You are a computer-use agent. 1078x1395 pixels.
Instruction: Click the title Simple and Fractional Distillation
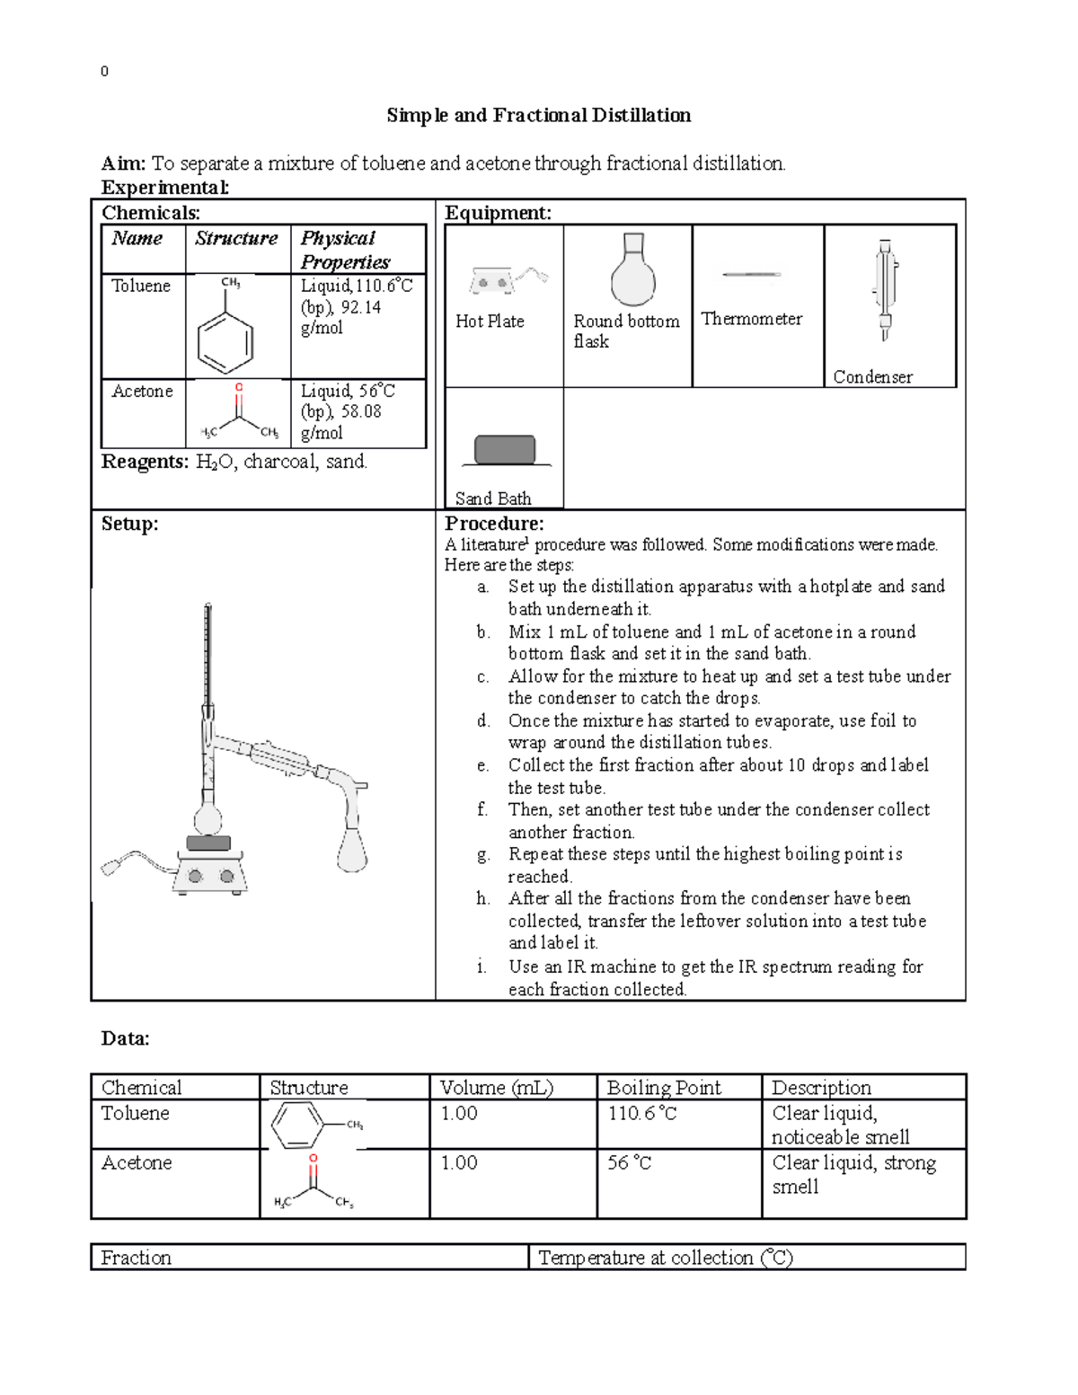coord(539,116)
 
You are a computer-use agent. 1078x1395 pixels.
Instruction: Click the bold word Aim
coord(121,163)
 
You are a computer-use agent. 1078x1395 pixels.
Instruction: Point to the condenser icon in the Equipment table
coord(885,290)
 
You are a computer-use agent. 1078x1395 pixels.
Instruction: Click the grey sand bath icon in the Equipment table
coord(505,450)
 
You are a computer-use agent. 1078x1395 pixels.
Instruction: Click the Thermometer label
coord(751,319)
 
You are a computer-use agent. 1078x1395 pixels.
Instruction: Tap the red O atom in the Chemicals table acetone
coord(238,388)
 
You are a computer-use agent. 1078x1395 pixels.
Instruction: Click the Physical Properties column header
coord(345,251)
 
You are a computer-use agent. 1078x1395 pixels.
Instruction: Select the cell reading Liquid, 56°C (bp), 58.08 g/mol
coord(348,411)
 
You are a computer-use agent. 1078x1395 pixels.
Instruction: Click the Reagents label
coord(144,463)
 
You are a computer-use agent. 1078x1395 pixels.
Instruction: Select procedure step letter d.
coord(483,721)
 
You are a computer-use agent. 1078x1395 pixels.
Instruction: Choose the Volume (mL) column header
coord(496,1088)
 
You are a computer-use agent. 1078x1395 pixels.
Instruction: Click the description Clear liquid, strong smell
coord(853,1175)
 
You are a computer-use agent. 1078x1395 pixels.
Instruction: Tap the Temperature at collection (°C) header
coord(665,1258)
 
